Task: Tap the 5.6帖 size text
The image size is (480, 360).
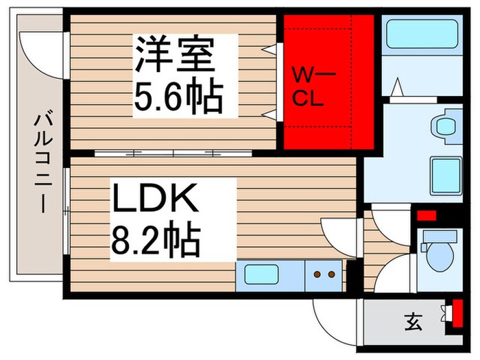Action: [x=178, y=98]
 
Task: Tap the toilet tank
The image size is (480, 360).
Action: [x=437, y=237]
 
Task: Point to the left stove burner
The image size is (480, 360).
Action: [x=317, y=275]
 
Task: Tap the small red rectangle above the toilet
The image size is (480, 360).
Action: [x=427, y=215]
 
